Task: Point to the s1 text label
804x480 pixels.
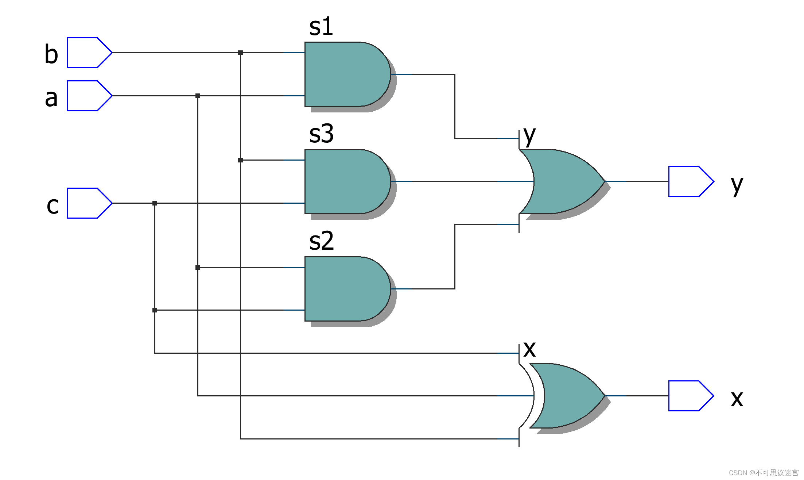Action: pos(321,27)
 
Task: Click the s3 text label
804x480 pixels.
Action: pos(321,134)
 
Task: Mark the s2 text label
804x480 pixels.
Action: pos(321,241)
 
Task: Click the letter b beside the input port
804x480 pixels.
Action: pos(51,54)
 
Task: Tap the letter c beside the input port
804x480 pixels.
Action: pos(53,206)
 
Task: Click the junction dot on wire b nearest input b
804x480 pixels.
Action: pos(240,53)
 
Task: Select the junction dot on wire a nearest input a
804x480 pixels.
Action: pos(198,96)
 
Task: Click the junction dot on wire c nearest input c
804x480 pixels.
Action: pos(155,203)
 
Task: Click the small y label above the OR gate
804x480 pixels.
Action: pos(529,136)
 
